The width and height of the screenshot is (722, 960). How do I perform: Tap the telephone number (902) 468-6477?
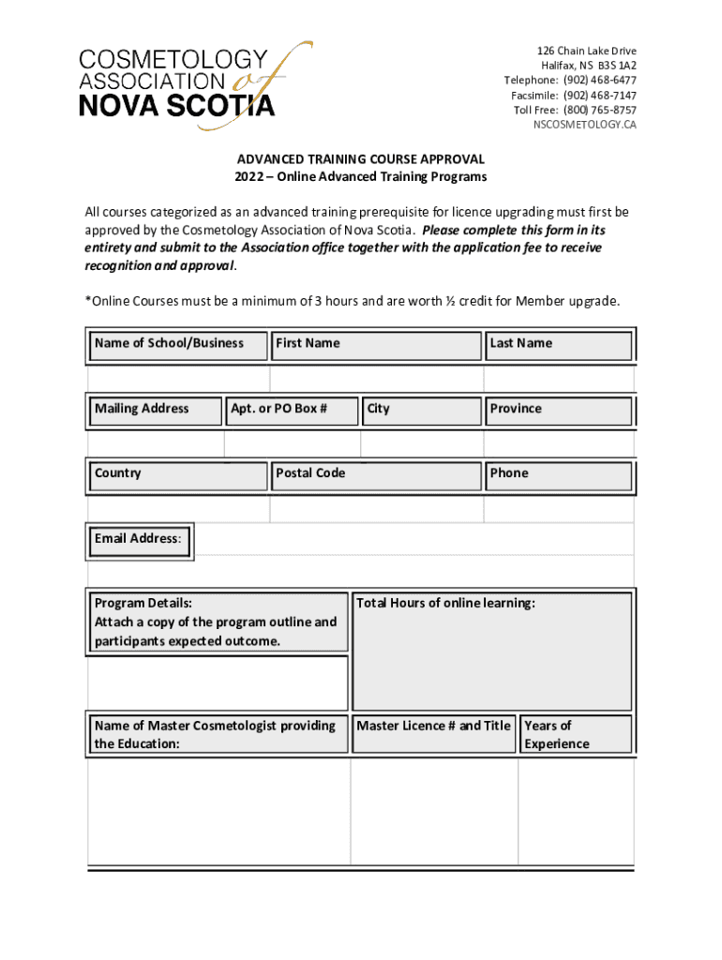(x=599, y=81)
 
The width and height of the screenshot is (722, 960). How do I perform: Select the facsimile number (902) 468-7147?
(x=599, y=96)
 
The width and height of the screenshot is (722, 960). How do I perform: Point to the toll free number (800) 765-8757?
(x=599, y=111)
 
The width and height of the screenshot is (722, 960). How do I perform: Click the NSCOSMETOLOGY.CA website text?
(x=584, y=126)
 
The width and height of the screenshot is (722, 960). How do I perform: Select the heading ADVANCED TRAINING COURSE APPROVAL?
(x=360, y=160)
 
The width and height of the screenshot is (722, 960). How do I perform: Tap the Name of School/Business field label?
(x=169, y=343)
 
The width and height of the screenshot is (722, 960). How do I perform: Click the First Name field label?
(x=308, y=343)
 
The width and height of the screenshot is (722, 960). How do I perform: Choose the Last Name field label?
(x=520, y=343)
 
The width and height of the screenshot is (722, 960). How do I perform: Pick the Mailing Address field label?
(x=142, y=409)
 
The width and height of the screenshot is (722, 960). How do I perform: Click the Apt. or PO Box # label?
(x=278, y=409)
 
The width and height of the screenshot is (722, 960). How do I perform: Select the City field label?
(x=379, y=409)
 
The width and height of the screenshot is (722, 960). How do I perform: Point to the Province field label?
(x=516, y=409)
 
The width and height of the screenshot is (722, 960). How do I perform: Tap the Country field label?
(x=118, y=473)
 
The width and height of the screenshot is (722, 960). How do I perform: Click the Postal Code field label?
(x=310, y=473)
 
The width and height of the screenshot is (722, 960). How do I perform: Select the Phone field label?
(x=509, y=473)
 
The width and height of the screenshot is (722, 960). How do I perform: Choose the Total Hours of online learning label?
(x=445, y=604)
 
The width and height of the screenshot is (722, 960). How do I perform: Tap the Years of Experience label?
(x=557, y=735)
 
